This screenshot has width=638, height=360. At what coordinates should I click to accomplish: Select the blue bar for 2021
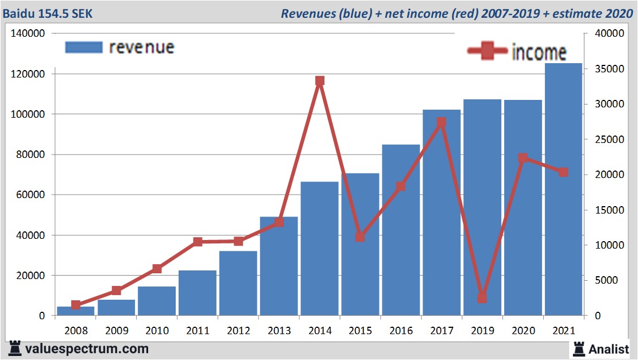click(x=563, y=189)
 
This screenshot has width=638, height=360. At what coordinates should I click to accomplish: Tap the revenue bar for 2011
click(x=198, y=293)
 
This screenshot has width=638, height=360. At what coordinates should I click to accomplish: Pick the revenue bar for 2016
click(x=401, y=230)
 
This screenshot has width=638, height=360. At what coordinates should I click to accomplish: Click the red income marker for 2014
click(x=320, y=81)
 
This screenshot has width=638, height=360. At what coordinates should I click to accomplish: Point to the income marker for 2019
click(x=482, y=298)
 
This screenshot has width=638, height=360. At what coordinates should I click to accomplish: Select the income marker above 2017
click(x=441, y=122)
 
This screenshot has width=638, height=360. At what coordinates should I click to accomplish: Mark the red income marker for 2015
click(x=360, y=237)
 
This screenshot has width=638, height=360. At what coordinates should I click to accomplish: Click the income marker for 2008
click(x=76, y=305)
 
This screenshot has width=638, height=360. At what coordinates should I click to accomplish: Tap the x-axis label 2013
click(x=279, y=331)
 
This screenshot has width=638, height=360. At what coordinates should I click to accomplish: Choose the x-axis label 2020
click(x=523, y=331)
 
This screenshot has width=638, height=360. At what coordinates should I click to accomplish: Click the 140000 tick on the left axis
click(x=28, y=34)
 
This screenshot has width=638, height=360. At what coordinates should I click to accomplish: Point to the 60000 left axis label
click(x=30, y=195)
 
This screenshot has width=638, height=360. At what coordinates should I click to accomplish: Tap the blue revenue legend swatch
click(x=83, y=47)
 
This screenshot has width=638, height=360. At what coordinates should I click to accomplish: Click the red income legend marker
click(x=488, y=51)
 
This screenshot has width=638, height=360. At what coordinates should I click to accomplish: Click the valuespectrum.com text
click(x=87, y=349)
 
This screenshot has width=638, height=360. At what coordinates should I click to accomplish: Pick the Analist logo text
click(x=607, y=349)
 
